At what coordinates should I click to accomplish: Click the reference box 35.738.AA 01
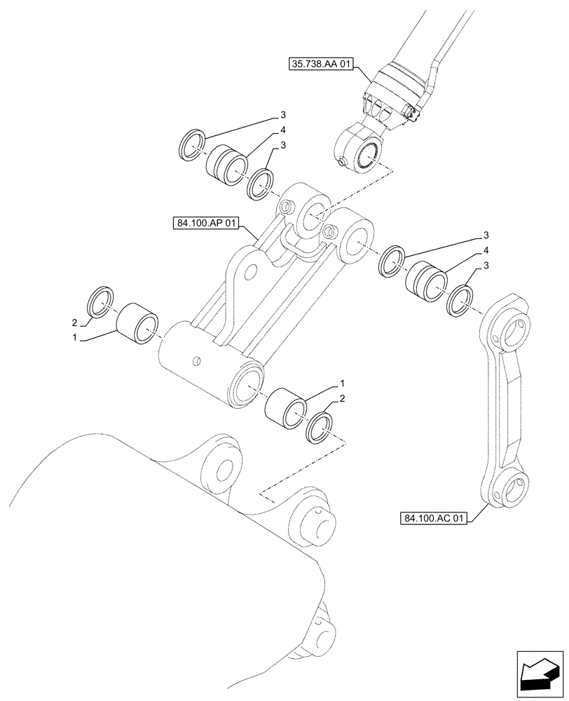coord(322,65)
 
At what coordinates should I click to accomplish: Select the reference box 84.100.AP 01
coord(205,224)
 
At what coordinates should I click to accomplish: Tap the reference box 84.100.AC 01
coord(434,519)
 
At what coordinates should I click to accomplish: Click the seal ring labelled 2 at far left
coord(100,301)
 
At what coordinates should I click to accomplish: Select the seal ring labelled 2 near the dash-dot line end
coord(322,427)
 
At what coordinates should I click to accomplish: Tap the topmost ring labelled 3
coord(192,144)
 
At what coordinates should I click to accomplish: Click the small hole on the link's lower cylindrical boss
coord(198,361)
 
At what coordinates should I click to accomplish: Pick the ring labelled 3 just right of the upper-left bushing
coord(260,184)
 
